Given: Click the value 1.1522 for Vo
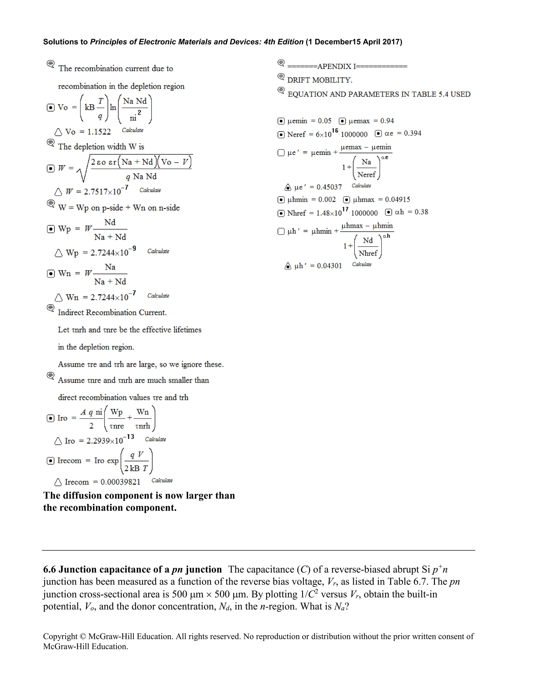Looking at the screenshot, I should point(99,132).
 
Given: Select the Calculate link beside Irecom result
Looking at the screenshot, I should point(162,480).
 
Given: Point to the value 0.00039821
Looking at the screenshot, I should point(120,482).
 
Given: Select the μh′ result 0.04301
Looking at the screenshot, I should point(329,266).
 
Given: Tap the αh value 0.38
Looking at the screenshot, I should point(421,212).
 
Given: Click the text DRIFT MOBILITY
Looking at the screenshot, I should point(320,80).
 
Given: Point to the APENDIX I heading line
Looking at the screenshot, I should point(347,67).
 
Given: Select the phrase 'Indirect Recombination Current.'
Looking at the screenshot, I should point(112,313).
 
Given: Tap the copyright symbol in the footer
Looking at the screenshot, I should point(83,637).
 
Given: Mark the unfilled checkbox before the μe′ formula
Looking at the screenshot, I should point(281,153).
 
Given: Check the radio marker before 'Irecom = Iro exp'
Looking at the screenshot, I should point(50,461).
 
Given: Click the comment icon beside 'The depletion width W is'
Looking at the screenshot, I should point(50,143).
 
